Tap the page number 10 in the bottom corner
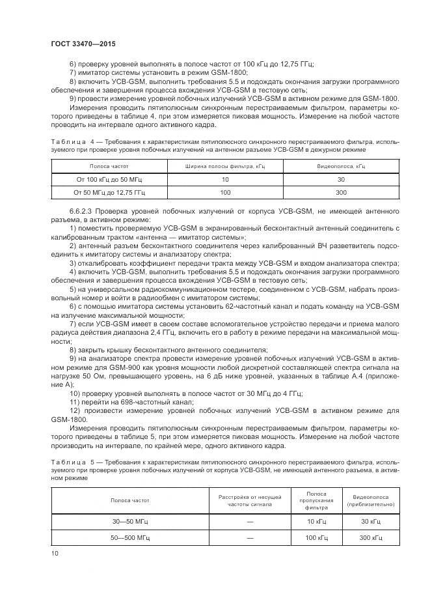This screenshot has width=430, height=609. (55, 553)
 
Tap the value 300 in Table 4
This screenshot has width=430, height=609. (341, 193)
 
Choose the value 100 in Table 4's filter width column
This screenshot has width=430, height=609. (224, 193)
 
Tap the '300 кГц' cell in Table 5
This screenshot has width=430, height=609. (370, 538)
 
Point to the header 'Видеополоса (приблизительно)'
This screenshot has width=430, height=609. (370, 500)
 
